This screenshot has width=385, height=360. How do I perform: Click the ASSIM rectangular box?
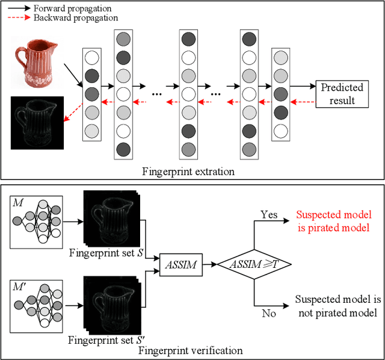pos(180,262)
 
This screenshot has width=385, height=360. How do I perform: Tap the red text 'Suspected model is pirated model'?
pos(334,220)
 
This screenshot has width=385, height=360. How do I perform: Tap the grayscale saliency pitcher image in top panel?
pos(37,123)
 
